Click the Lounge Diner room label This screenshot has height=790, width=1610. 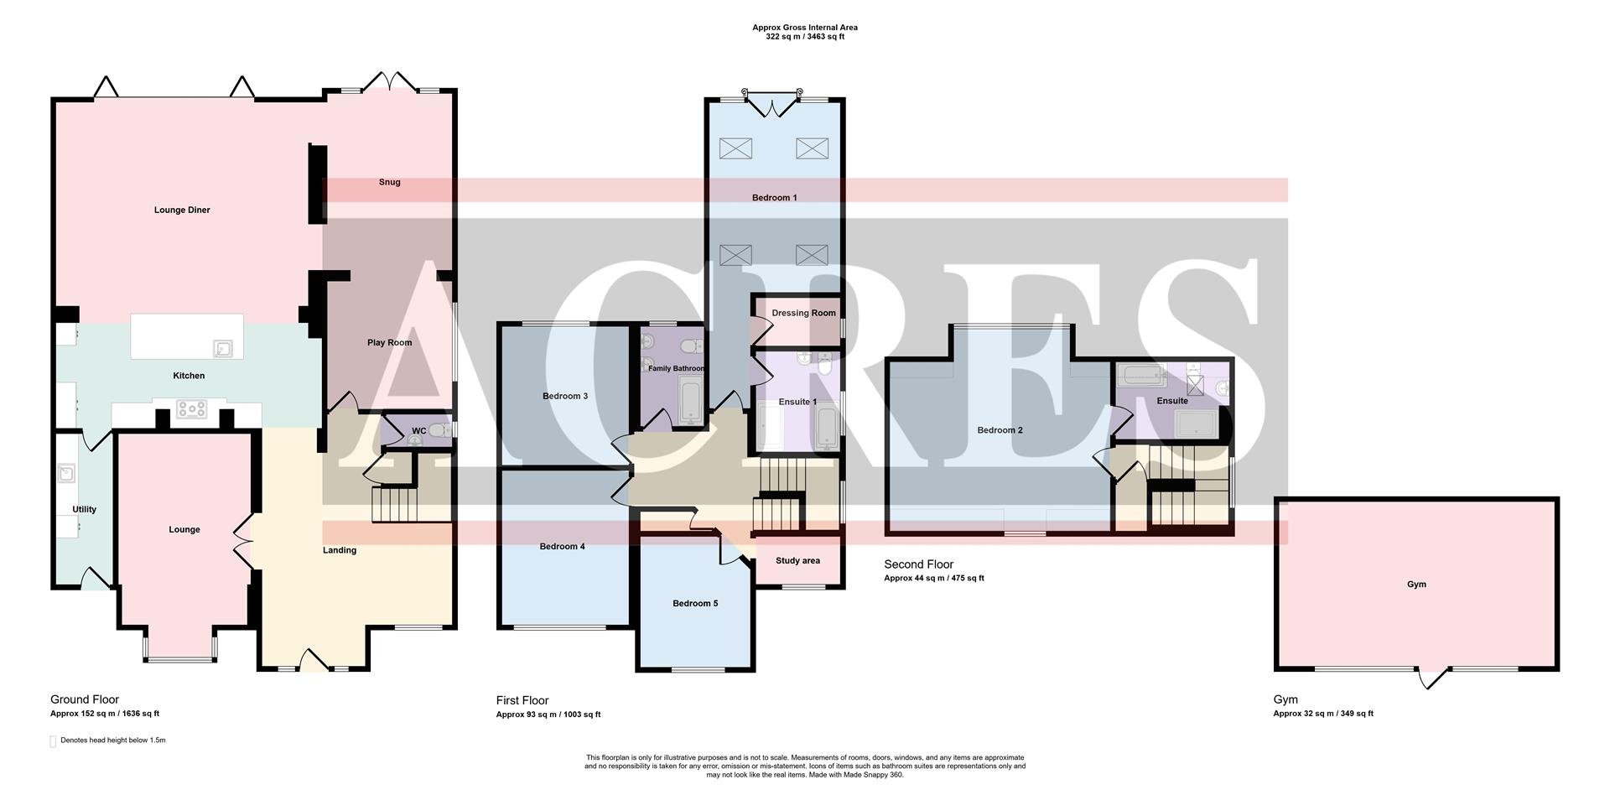click(182, 210)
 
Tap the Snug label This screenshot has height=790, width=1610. click(389, 182)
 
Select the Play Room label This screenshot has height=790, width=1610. click(389, 342)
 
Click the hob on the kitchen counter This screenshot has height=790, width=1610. click(191, 408)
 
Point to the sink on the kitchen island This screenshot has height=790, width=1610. click(223, 347)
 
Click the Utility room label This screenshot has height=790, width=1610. click(84, 509)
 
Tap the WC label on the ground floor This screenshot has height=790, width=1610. click(418, 431)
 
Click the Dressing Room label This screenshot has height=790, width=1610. click(803, 313)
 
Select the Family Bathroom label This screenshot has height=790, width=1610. click(676, 368)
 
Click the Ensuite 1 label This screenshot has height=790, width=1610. click(797, 402)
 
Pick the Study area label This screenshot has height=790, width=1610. click(797, 560)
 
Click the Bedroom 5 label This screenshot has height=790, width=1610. click(694, 603)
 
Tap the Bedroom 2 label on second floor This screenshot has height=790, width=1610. click(1000, 430)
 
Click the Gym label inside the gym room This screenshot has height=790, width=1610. click(1415, 585)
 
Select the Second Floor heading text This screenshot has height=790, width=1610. click(918, 564)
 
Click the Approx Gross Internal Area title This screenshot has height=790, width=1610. click(804, 28)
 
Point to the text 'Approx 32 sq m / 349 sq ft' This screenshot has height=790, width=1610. click(1322, 714)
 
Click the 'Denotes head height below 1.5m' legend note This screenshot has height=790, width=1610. click(112, 741)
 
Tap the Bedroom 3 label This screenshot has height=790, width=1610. click(564, 396)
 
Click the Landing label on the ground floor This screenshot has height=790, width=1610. click(340, 550)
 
